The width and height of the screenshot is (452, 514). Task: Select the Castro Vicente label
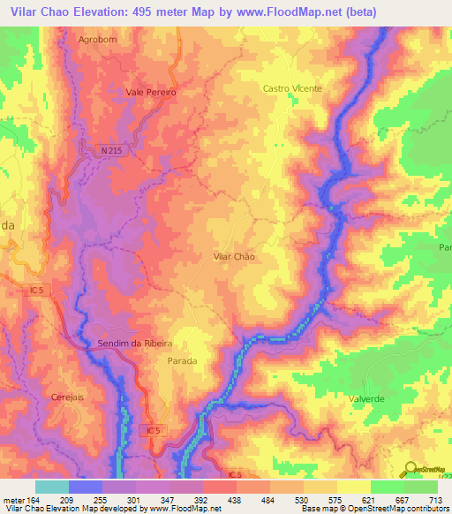click(x=292, y=88)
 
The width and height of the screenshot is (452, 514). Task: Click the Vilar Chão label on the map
click(x=234, y=256)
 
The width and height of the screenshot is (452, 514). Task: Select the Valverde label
click(x=368, y=399)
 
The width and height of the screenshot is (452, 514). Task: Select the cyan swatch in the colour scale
click(x=51, y=487)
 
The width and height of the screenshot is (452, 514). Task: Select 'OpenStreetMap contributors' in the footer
click(x=397, y=508)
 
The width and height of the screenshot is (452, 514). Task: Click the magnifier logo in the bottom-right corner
click(x=411, y=469)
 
